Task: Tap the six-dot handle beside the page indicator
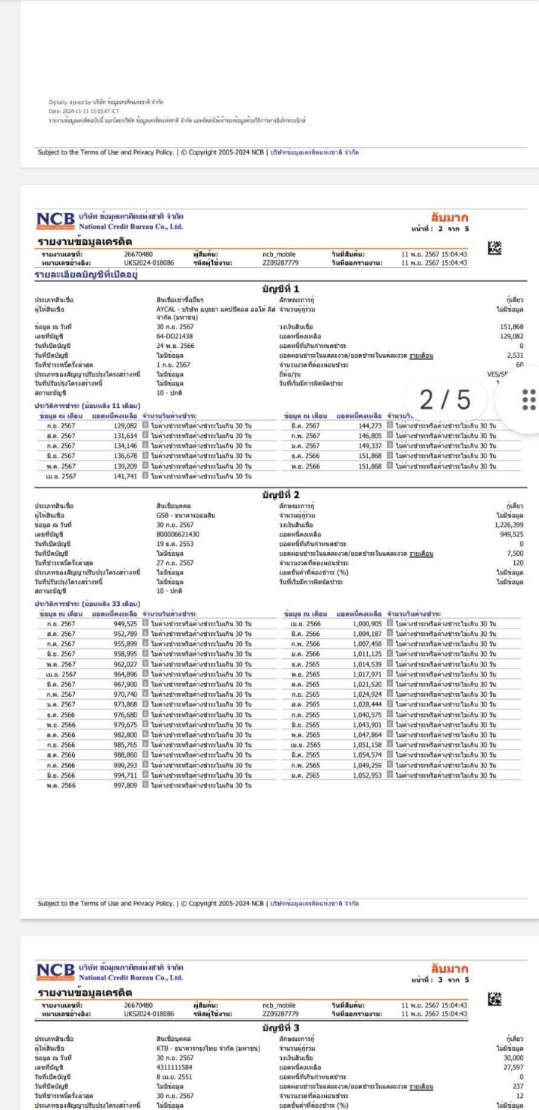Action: [523, 398]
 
